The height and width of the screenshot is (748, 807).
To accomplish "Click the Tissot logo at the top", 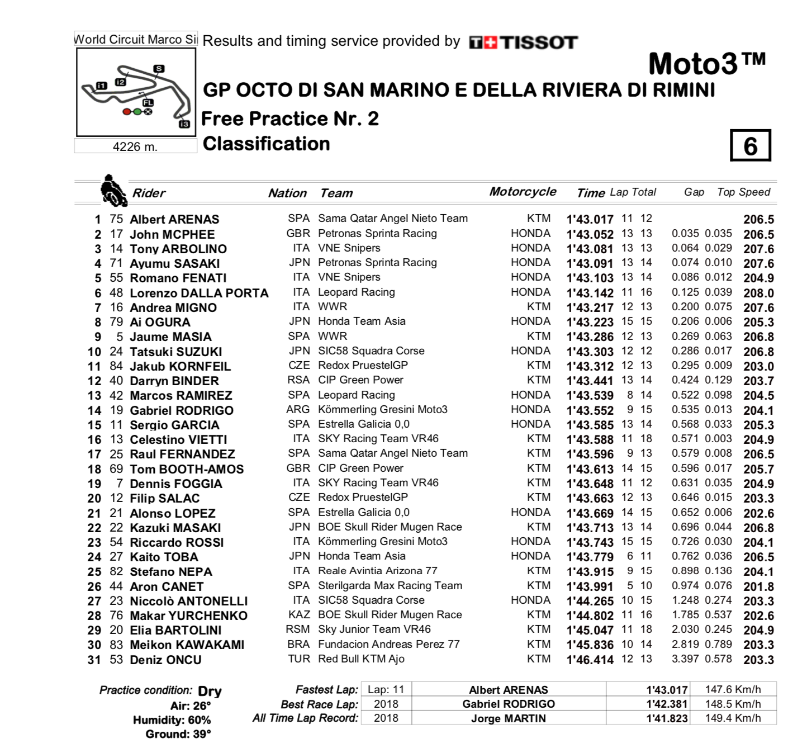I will tap(523, 42).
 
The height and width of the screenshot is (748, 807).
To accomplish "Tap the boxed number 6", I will tap(750, 146).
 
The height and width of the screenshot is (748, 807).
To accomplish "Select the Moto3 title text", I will tap(706, 64).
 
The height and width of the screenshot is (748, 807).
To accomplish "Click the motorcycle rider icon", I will tap(113, 191).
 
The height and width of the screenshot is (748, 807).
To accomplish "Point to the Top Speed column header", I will tap(743, 192).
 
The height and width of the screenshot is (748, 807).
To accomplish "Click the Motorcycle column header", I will tap(523, 192).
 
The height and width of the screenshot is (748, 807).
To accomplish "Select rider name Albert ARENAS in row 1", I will tap(174, 219).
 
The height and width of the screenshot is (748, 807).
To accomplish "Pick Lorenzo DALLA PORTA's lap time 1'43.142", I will tap(590, 293).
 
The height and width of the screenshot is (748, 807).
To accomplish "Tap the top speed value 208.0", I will tap(758, 293).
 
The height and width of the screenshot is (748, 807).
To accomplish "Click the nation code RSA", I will tap(298, 380).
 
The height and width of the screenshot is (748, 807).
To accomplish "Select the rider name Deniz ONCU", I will tap(165, 660).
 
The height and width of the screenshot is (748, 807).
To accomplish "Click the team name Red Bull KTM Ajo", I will tap(361, 659).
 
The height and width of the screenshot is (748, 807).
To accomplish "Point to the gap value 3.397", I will tap(685, 659).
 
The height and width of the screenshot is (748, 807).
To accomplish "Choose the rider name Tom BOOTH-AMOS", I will tap(187, 469).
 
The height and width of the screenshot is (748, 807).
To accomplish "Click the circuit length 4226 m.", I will tap(135, 146).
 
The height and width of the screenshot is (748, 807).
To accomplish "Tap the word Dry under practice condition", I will tap(210, 692).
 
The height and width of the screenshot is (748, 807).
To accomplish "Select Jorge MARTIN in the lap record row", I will tap(508, 718).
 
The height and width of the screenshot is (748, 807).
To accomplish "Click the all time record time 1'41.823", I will tap(667, 718).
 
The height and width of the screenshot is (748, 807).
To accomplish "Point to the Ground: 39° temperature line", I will tap(178, 734).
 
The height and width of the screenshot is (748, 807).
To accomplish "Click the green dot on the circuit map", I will tap(137, 112).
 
